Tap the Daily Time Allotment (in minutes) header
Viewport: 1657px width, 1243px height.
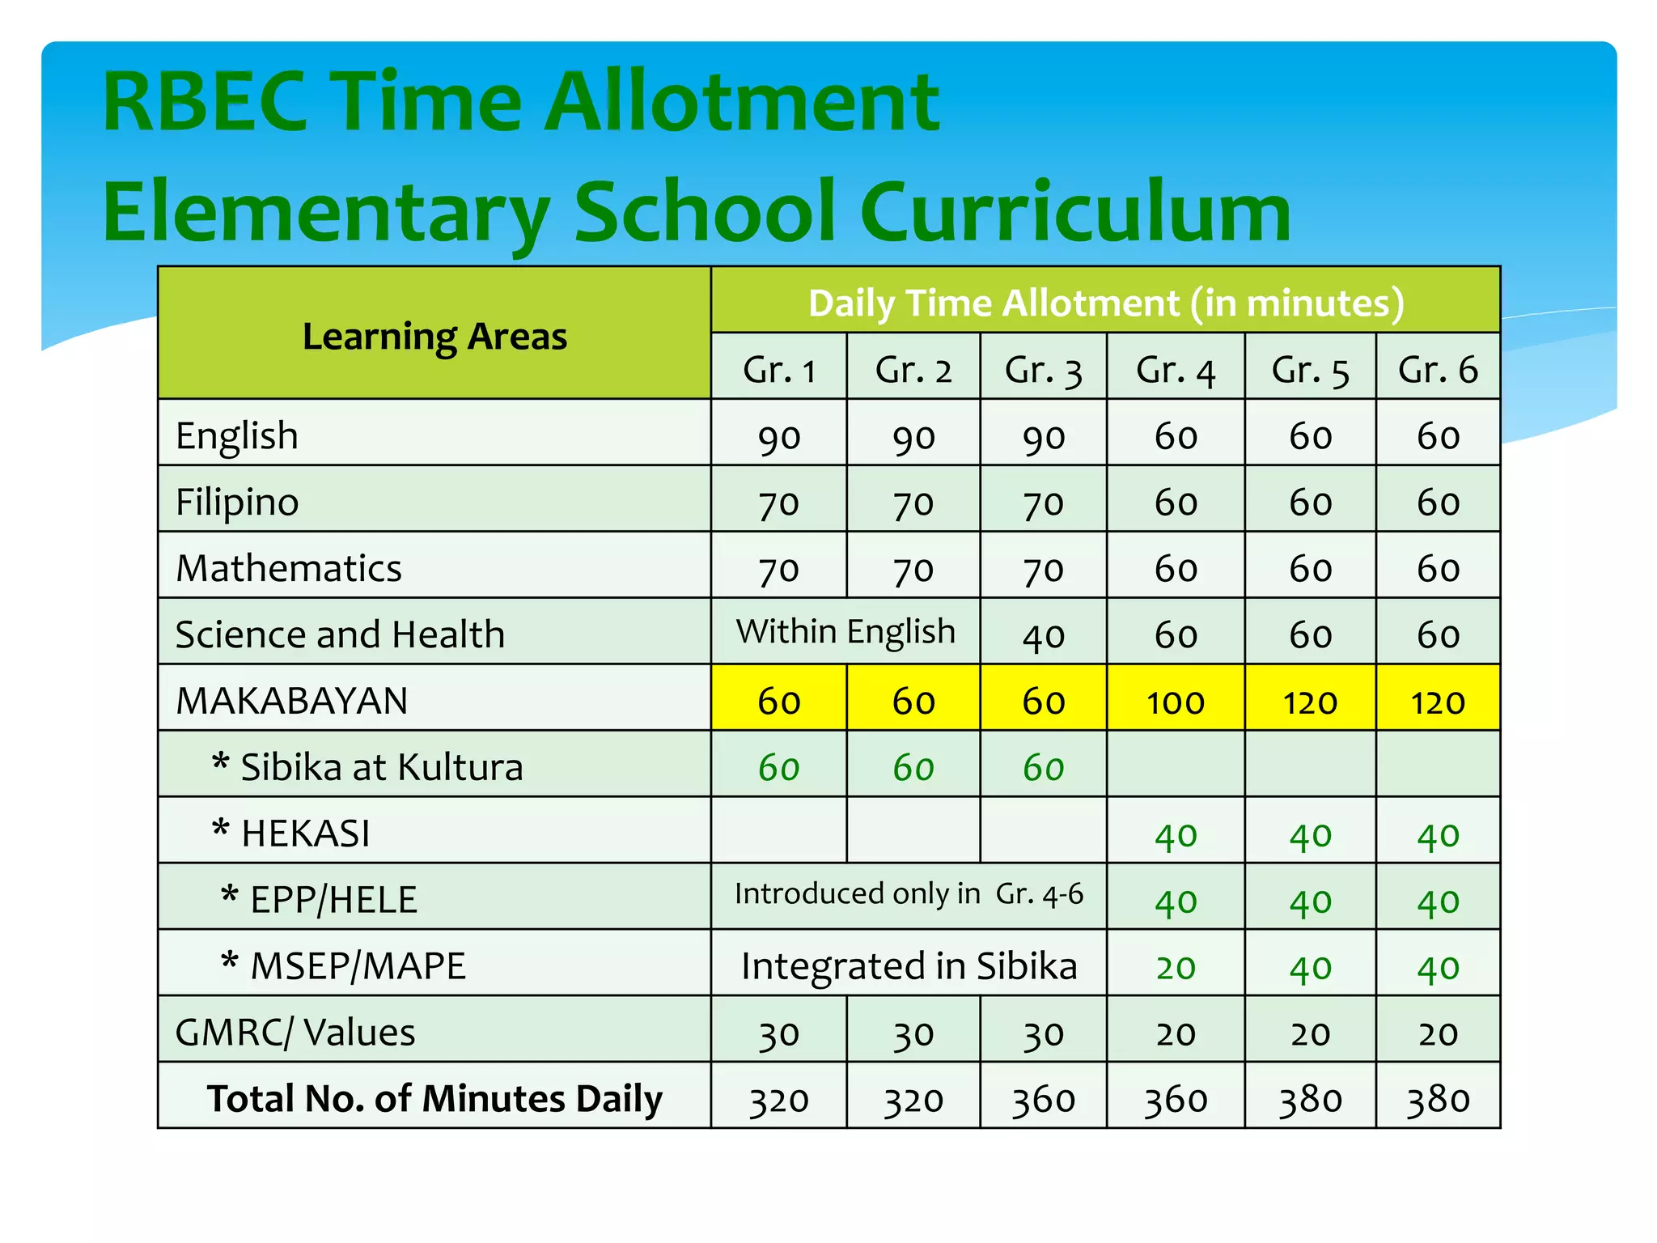1105,303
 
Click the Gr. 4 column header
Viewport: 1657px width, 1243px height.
1175,370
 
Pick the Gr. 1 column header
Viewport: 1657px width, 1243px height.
778,370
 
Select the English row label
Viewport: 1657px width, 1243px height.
237,435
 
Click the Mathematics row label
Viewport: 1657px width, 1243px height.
289,568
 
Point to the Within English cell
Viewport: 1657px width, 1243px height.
845,631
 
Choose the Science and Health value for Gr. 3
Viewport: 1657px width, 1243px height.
1043,635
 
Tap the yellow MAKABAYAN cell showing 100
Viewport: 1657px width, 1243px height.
1175,701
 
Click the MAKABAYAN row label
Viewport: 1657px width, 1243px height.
292,701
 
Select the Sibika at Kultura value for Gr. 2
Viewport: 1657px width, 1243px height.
913,767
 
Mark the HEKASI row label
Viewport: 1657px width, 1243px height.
305,834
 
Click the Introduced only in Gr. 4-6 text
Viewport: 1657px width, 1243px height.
909,894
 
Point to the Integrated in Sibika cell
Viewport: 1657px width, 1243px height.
909,966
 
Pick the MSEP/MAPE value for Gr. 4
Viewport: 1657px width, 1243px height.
1175,967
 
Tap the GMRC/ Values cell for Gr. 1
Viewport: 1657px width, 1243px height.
778,1033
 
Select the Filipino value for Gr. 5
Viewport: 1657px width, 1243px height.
1310,503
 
